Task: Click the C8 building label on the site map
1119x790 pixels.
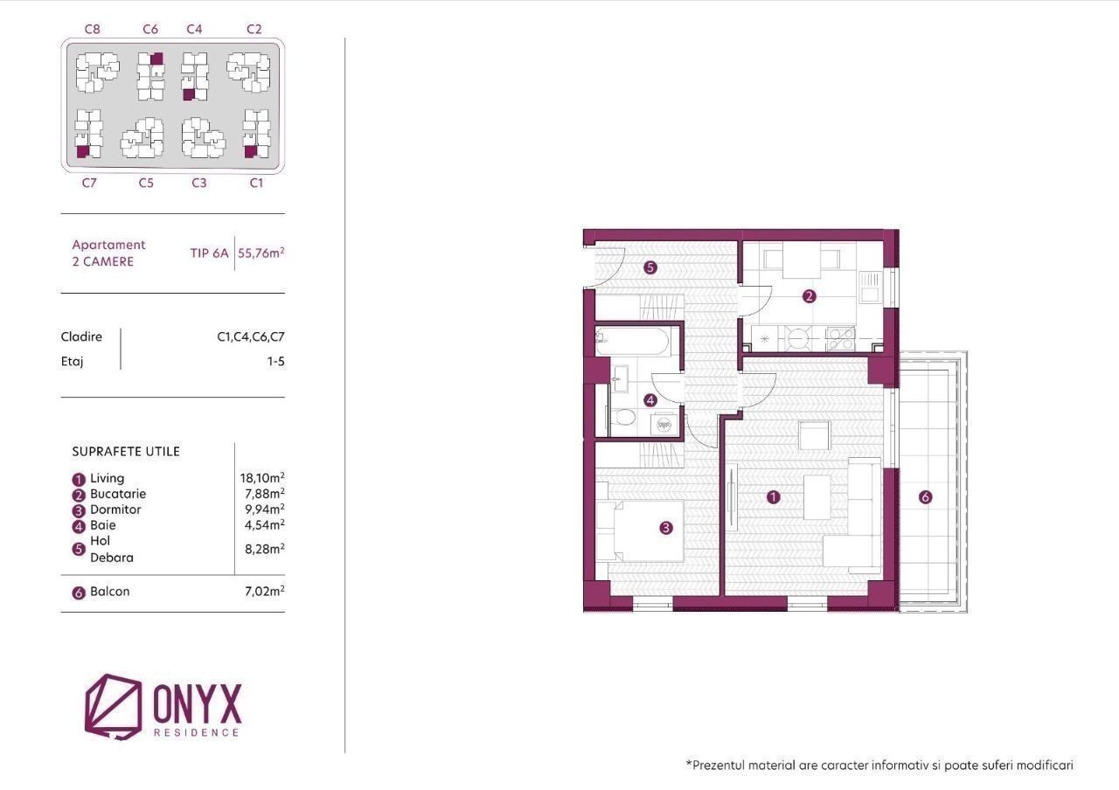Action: pos(93,29)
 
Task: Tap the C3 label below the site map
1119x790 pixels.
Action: pos(199,183)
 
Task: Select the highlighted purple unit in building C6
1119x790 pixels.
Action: pos(156,59)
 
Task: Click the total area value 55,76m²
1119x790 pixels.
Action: pos(261,253)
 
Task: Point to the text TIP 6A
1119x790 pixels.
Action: pos(209,253)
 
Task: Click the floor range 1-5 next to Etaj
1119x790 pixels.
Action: pos(275,361)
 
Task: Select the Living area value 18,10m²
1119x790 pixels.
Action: pos(262,477)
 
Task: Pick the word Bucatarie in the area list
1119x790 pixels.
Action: pos(118,494)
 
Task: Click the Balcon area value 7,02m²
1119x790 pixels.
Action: pos(265,592)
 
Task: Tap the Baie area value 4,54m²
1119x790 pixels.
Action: pos(265,525)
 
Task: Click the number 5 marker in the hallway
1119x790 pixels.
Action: pos(650,267)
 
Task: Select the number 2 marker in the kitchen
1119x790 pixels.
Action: pos(810,296)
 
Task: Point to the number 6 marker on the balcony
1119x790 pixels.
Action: pos(925,497)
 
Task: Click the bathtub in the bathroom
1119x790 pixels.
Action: pos(632,341)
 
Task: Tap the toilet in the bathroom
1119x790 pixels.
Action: pos(622,417)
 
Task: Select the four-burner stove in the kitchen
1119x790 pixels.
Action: pos(840,338)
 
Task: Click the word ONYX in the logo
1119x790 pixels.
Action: pos(197,703)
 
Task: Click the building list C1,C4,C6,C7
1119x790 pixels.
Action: pos(251,337)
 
